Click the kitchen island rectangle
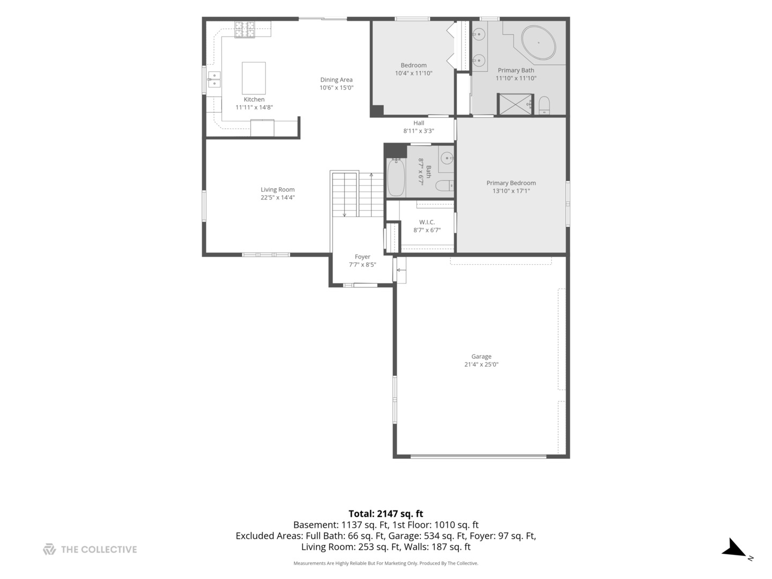(x=254, y=78)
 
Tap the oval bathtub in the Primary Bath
(x=538, y=42)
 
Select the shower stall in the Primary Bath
(x=515, y=104)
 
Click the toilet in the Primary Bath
(x=544, y=105)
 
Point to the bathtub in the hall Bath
(x=396, y=177)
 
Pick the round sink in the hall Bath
(x=447, y=158)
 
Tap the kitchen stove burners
(x=245, y=29)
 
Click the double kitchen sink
(x=214, y=79)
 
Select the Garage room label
(x=481, y=357)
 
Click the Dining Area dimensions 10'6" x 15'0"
(x=336, y=87)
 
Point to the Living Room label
(x=278, y=189)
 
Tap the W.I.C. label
(x=427, y=222)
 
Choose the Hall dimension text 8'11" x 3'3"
(x=419, y=131)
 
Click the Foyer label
(x=362, y=257)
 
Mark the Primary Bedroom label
(x=511, y=183)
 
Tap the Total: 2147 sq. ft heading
(x=386, y=514)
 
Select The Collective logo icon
(x=49, y=550)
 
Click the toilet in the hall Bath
(x=445, y=185)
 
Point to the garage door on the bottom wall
(x=478, y=456)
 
